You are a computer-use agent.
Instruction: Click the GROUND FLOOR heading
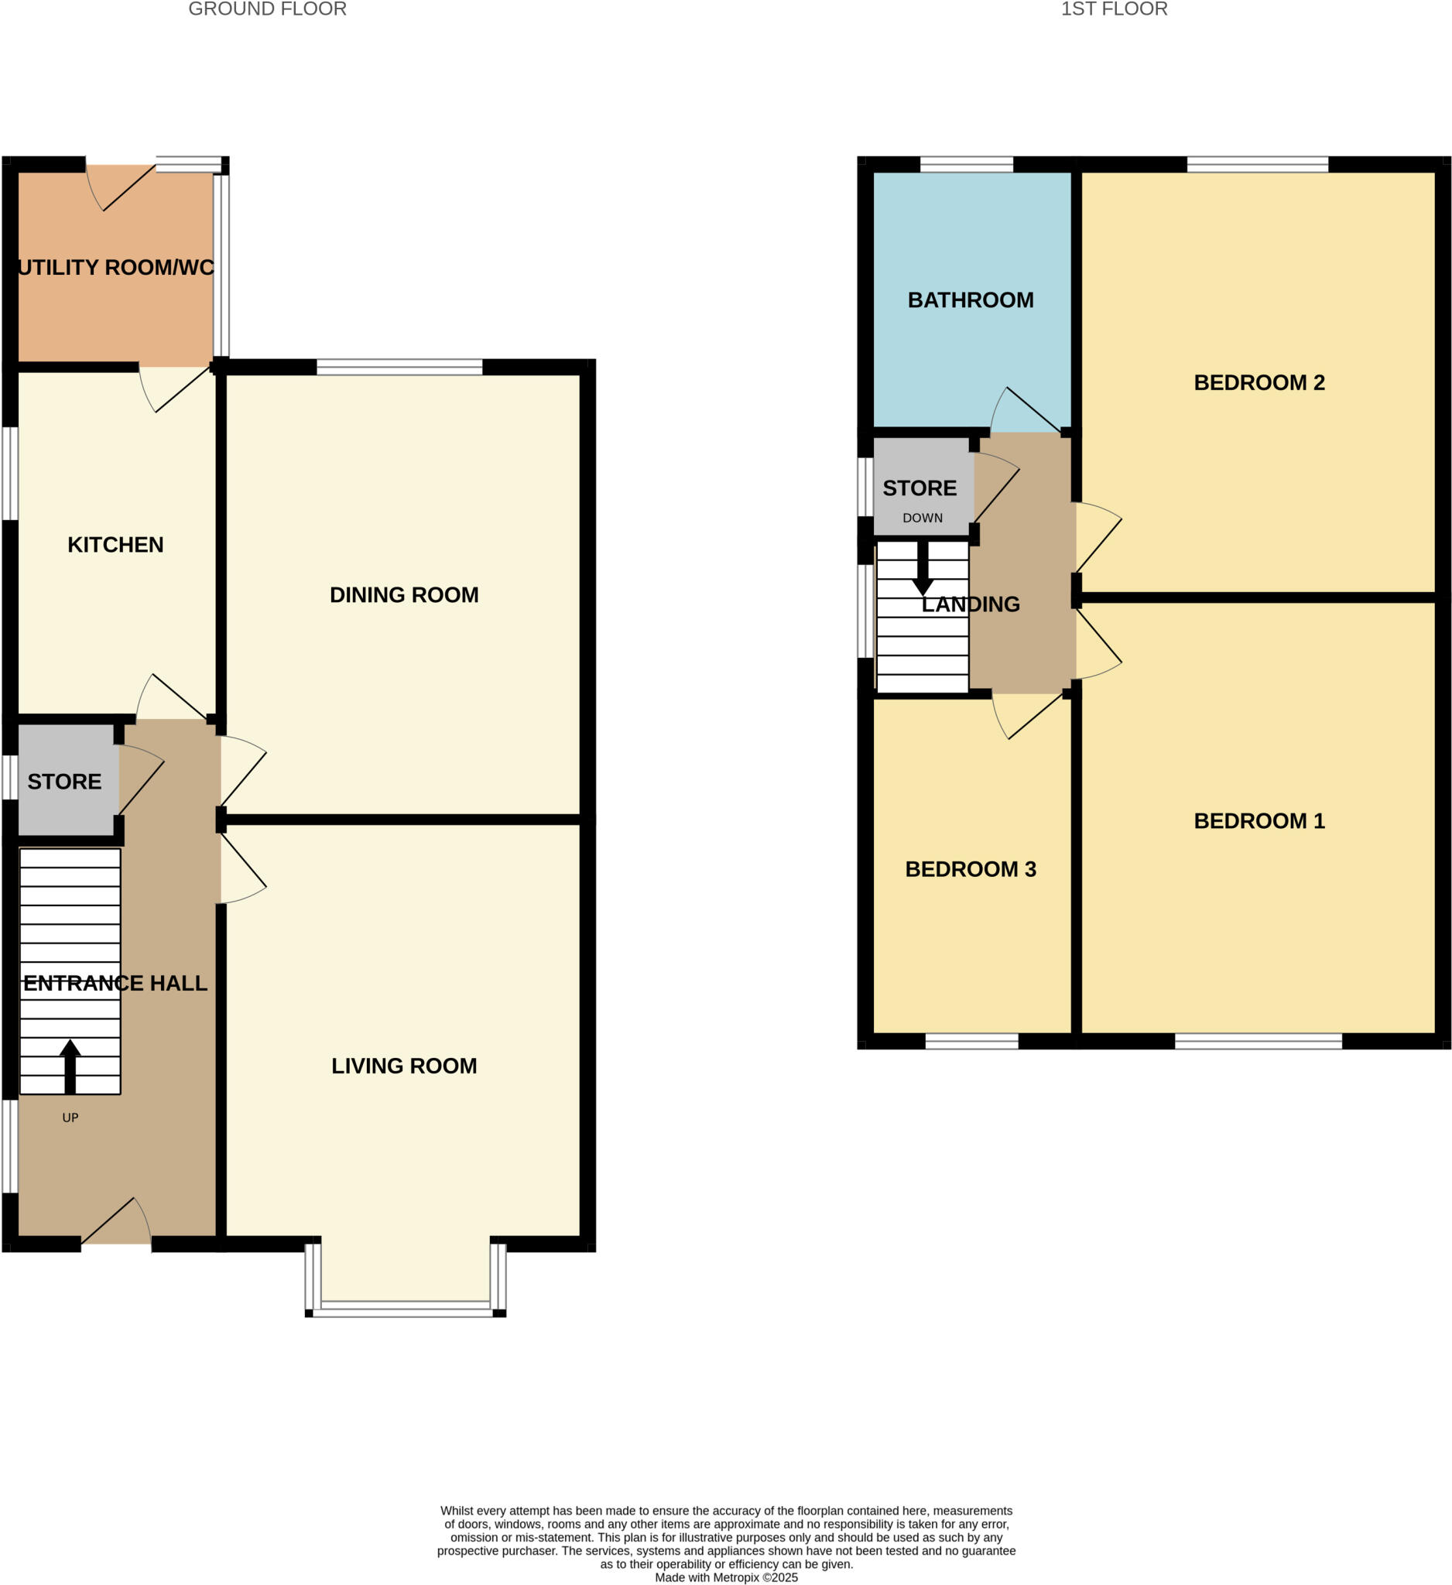click(267, 9)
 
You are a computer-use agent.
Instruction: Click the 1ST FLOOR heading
click(1113, 9)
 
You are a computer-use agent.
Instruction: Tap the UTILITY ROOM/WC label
click(115, 267)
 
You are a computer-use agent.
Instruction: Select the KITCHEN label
click(115, 545)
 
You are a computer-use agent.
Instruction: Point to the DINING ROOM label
click(404, 595)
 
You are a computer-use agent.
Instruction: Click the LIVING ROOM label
click(404, 1066)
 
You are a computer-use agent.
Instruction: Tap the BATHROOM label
click(970, 300)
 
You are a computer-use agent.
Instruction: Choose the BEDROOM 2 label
click(1259, 383)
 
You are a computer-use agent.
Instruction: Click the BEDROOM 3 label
click(970, 870)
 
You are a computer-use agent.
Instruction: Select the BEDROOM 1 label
click(1259, 821)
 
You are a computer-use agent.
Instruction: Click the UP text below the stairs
click(70, 1118)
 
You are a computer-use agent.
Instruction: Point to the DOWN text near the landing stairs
click(922, 518)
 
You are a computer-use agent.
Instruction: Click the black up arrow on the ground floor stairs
click(70, 1066)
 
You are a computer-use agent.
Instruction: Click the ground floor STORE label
click(64, 782)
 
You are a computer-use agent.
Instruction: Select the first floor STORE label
click(919, 488)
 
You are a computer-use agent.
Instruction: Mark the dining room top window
click(399, 367)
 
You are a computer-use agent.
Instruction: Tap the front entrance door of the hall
click(116, 1240)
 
